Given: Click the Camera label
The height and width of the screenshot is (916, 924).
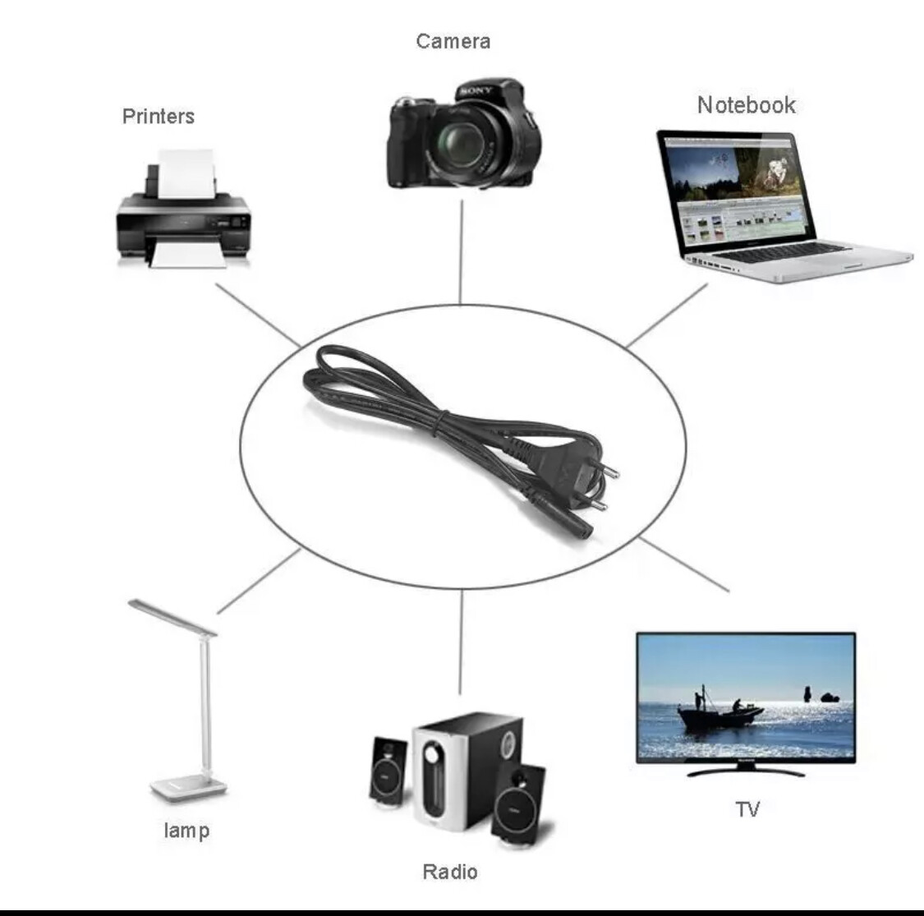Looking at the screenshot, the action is coord(453,41).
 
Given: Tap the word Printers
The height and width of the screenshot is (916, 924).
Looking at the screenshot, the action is coord(159,116).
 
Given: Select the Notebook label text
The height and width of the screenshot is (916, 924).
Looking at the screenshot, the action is coord(746,105).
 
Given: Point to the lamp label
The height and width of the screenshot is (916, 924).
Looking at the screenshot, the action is coord(186,830).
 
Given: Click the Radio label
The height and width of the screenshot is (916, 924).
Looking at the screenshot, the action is coord(449,871).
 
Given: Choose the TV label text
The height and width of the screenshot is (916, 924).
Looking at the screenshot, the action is coord(747,809).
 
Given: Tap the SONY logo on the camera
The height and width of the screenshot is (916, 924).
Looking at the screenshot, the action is coord(476,90).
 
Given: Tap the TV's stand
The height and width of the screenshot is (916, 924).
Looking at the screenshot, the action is coord(746,771).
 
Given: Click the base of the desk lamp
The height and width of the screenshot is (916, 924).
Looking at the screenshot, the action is coord(187,789).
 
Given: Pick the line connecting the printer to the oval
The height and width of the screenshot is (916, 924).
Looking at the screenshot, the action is coord(257,315).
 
